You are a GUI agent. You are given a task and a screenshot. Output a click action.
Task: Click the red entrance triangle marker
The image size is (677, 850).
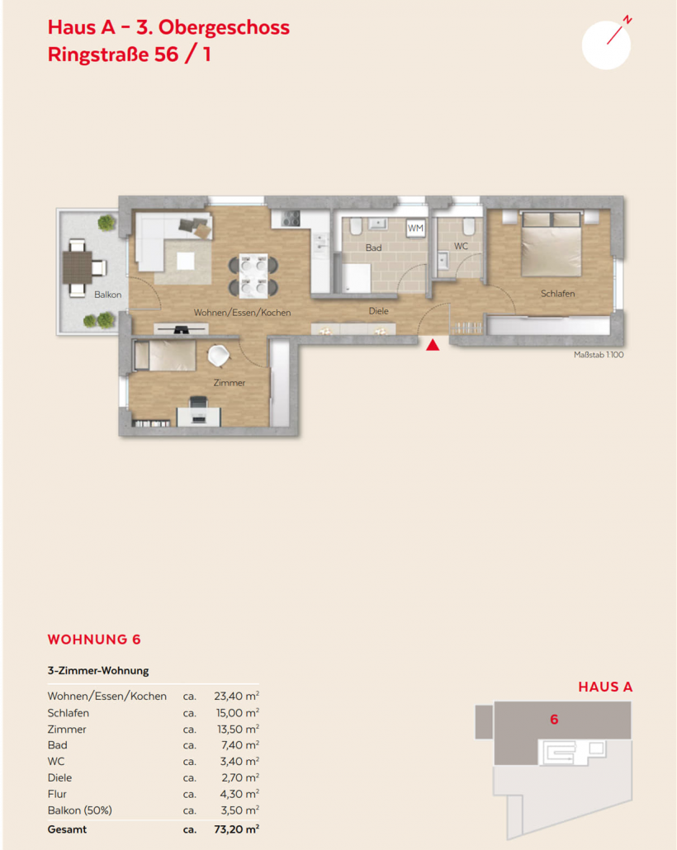(x=433, y=345)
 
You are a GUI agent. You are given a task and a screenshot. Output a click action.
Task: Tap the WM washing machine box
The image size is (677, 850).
(x=415, y=229)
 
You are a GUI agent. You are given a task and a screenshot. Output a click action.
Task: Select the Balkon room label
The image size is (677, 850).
(x=108, y=295)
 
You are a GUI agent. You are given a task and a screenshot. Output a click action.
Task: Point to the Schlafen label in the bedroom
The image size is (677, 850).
(x=557, y=293)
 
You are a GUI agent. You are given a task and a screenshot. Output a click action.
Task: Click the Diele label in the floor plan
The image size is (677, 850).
(x=379, y=311)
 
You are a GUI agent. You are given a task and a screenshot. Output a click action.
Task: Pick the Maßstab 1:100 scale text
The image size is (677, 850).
(x=599, y=355)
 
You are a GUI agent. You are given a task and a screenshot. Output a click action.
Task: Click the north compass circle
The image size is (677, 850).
(x=606, y=45)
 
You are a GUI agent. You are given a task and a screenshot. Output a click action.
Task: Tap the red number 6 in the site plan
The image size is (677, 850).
(x=554, y=720)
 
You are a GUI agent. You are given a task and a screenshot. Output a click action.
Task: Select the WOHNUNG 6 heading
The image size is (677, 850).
(x=94, y=640)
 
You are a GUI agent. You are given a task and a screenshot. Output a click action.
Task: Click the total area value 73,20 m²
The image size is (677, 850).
(x=236, y=829)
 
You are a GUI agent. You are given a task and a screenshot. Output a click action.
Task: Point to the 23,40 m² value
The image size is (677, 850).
(x=236, y=696)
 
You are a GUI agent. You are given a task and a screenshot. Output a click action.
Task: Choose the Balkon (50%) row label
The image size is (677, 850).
(x=80, y=810)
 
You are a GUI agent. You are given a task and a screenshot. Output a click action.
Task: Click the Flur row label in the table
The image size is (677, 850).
(x=57, y=794)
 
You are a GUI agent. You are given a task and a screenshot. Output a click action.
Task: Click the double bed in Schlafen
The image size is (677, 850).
(x=552, y=244)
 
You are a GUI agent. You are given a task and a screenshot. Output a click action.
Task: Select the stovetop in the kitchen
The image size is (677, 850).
(x=291, y=219)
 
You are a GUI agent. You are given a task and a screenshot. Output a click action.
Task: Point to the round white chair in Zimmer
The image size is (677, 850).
(x=219, y=356)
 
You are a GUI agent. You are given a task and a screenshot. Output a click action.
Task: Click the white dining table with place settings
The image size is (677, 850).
(x=254, y=276)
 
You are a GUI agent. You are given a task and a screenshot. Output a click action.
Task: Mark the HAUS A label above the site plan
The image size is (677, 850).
(x=605, y=687)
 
